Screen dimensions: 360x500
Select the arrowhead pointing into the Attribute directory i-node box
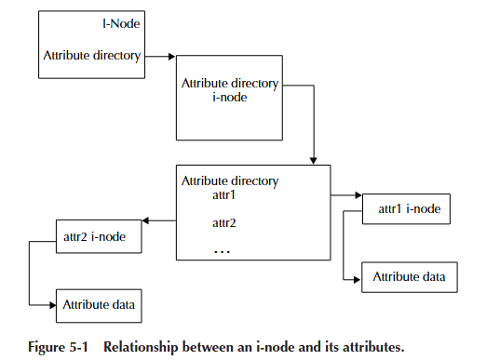pos(171,57)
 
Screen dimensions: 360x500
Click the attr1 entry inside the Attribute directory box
pos(224,196)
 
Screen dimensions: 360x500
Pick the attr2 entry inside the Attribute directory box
pos(224,223)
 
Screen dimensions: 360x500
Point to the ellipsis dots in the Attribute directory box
pos(223,251)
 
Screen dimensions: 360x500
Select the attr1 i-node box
pos(407,209)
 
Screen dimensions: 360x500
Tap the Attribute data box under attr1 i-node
pos(409,277)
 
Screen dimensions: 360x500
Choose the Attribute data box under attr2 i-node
pos(101,303)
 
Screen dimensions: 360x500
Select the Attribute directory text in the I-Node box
pos(91,55)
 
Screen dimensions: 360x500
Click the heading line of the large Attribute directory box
pos(229,180)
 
